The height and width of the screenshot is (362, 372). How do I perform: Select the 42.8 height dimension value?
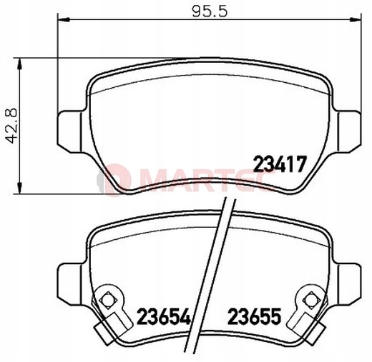(x=11, y=126)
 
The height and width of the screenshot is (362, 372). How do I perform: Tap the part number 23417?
(x=280, y=164)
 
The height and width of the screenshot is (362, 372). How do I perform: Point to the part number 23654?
(x=164, y=316)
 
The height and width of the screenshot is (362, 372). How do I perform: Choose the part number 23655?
(x=255, y=316)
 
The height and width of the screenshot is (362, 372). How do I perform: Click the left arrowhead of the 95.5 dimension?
(x=64, y=19)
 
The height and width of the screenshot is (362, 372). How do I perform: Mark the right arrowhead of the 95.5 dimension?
(x=356, y=19)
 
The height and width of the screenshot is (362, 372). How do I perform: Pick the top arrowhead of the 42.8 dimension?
(x=20, y=64)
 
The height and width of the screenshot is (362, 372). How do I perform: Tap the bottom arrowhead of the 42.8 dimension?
(x=20, y=188)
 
